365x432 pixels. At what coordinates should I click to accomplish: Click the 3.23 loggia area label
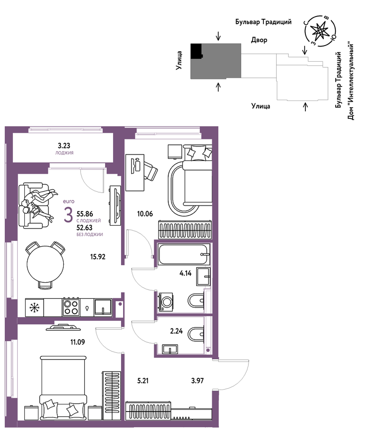64,145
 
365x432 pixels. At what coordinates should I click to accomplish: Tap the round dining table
46,264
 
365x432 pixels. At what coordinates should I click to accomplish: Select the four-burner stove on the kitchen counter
71,307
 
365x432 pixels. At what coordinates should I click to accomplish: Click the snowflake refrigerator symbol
34,307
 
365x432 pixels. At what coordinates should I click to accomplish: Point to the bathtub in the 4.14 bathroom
183,255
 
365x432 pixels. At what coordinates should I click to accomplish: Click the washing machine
165,302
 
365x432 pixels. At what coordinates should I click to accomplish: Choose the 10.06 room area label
145,213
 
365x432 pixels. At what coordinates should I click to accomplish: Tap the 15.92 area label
98,257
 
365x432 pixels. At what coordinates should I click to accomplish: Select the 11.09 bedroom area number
78,342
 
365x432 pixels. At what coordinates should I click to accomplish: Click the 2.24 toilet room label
176,331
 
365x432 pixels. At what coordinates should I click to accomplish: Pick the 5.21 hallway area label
143,380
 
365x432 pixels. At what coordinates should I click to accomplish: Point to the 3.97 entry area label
198,380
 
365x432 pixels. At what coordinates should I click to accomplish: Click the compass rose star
319,30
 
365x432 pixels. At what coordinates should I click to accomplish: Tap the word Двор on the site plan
259,40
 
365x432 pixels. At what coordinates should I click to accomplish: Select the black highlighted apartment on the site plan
196,51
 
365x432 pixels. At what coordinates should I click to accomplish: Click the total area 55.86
84,214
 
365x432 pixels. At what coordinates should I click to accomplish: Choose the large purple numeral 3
68,215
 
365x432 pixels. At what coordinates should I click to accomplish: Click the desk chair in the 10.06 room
150,171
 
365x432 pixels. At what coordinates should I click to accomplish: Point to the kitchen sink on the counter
103,307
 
